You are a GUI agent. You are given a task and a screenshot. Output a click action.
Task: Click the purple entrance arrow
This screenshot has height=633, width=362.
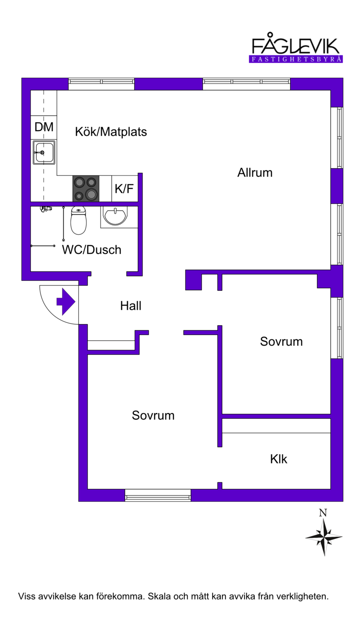click(66, 302)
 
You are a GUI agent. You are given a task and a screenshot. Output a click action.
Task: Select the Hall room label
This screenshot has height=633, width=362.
click(131, 306)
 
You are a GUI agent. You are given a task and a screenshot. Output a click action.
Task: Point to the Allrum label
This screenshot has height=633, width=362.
click(255, 172)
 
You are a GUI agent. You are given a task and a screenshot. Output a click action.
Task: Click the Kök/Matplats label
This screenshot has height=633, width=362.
click(111, 132)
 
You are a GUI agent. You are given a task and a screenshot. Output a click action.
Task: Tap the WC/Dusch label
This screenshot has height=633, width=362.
click(91, 250)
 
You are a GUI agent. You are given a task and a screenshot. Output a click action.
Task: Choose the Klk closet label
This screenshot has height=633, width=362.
click(279, 459)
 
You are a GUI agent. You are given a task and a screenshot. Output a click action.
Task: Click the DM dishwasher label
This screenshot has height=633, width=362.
click(44, 127)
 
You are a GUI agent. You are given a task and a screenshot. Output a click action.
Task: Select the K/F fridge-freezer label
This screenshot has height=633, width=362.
click(124, 189)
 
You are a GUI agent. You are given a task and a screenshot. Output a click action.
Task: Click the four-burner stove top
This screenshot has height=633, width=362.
click(86, 189)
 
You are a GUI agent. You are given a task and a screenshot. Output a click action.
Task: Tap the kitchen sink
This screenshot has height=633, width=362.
click(44, 152)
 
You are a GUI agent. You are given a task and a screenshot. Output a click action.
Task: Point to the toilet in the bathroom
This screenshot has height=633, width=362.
click(78, 221)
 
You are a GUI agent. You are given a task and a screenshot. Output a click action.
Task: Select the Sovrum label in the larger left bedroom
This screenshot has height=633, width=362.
click(153, 416)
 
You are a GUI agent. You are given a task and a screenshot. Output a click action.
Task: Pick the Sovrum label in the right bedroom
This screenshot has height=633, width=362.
click(281, 341)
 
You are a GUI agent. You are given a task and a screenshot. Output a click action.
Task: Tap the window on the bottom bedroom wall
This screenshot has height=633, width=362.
click(158, 498)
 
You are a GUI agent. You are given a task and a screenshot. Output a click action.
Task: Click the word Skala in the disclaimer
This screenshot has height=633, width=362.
click(159, 596)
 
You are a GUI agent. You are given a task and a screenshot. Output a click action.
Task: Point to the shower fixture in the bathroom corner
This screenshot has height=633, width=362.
click(46, 209)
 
